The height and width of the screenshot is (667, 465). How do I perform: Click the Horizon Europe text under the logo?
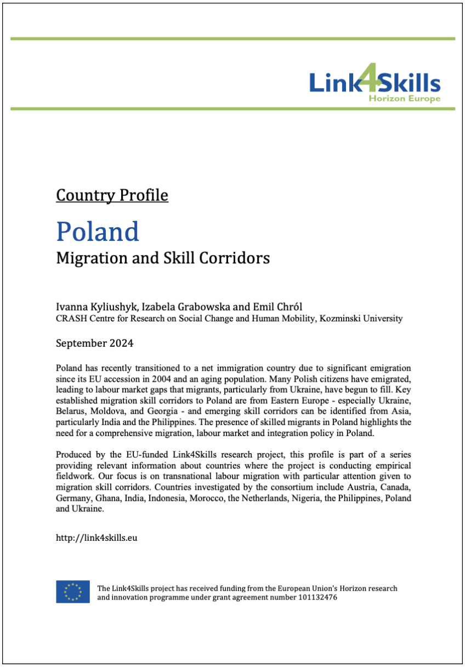pyautogui.click(x=404, y=99)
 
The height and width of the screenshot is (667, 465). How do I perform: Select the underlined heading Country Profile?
pyautogui.click(x=112, y=195)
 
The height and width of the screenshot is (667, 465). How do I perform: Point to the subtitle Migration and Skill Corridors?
pyautogui.click(x=163, y=258)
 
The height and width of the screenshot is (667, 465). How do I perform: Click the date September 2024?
pyautogui.click(x=95, y=344)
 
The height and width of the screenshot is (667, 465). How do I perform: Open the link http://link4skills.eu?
pyautogui.click(x=97, y=538)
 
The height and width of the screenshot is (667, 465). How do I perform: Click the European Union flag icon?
pyautogui.click(x=73, y=592)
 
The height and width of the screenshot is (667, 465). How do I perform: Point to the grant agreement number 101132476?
pyautogui.click(x=316, y=597)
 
